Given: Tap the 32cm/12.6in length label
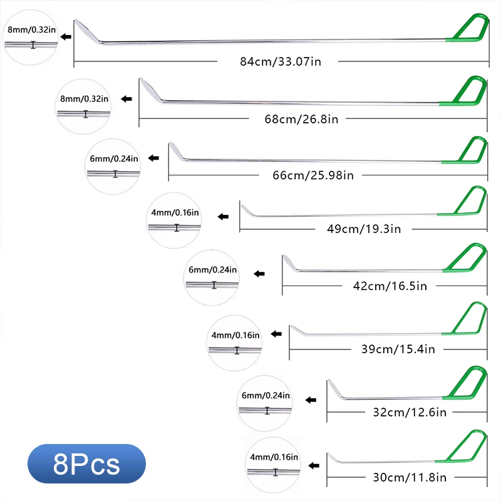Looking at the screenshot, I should tap(406, 412).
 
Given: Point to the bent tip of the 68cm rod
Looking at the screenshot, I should tap(150, 90).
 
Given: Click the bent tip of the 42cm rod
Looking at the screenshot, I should tap(289, 263).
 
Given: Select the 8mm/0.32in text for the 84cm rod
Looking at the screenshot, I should tap(29, 29).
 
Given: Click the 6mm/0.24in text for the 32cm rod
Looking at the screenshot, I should tap(266, 395).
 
